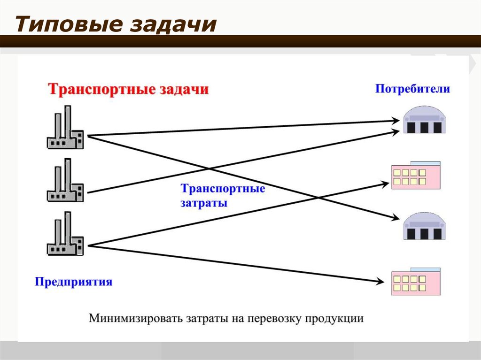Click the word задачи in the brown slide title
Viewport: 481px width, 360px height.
(x=173, y=24)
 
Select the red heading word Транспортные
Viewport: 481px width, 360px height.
(x=101, y=90)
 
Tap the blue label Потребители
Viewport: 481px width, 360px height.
(x=412, y=89)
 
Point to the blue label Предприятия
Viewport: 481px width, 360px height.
(x=73, y=282)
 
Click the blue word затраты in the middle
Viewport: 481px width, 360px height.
(x=204, y=203)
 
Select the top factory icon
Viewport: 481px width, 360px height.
(x=65, y=127)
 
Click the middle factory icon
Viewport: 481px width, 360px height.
(x=65, y=180)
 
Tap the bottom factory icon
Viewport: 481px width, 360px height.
(x=65, y=233)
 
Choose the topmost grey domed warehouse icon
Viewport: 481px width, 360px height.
(x=424, y=120)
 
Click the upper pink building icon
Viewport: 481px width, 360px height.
(x=416, y=176)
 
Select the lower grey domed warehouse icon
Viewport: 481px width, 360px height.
(x=424, y=226)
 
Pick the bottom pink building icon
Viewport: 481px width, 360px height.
(x=416, y=282)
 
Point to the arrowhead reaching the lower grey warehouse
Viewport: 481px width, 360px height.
(x=396, y=218)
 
